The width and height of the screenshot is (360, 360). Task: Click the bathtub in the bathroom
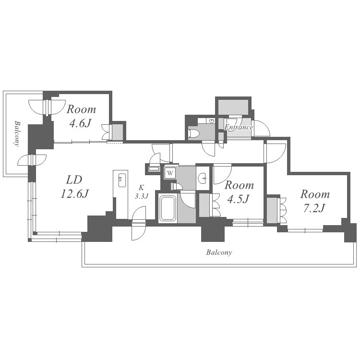click(x=168, y=208)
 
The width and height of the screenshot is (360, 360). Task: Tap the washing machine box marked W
click(x=170, y=173)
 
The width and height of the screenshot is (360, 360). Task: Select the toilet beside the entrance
click(x=193, y=133)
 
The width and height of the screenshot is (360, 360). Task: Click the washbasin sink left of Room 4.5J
click(x=202, y=178)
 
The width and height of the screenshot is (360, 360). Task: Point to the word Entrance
click(x=239, y=127)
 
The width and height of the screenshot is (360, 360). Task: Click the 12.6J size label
click(x=74, y=194)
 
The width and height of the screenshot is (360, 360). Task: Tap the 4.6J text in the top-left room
click(x=80, y=123)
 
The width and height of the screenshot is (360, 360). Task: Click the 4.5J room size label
click(x=238, y=199)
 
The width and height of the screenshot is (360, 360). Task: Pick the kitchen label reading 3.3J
click(x=142, y=196)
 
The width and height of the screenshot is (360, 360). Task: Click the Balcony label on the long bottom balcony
click(x=219, y=252)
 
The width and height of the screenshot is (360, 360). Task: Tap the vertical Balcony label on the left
click(x=16, y=133)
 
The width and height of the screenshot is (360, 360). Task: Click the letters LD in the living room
click(x=74, y=180)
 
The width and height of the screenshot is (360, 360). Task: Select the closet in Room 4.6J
click(x=117, y=132)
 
